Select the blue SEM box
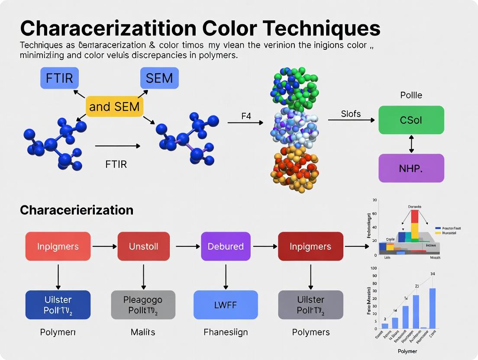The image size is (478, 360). click(x=159, y=78)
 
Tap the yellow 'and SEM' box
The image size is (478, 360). click(x=115, y=106)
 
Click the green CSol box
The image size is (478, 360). click(x=411, y=120)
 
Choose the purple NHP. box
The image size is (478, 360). click(x=411, y=167)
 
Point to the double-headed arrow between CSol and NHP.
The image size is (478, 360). click(x=411, y=144)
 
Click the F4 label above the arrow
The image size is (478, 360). click(x=246, y=116)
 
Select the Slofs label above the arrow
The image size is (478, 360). click(x=351, y=114)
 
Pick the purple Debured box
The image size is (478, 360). click(x=226, y=246)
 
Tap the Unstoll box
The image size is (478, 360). click(x=143, y=246)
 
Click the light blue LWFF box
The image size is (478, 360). click(x=226, y=305)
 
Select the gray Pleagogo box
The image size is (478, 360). click(x=143, y=305)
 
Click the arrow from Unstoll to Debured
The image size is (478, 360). click(x=188, y=246)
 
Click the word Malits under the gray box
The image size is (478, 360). click(x=143, y=332)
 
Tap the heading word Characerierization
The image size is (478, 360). click(x=77, y=210)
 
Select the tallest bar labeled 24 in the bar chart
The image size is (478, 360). click(x=432, y=308)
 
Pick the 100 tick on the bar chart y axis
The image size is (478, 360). click(x=374, y=269)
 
